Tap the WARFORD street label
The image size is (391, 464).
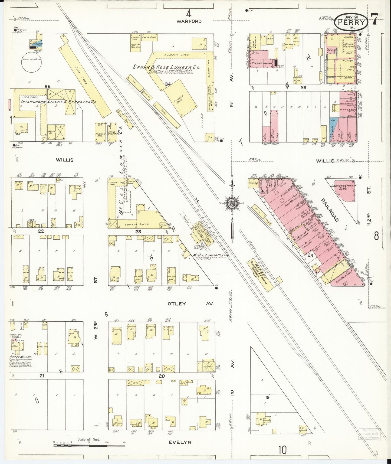pos(189,21)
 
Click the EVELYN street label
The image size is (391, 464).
pos(180,442)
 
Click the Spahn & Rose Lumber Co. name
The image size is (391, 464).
pos(166,67)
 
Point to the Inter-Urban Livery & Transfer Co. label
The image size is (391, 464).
pos(59,102)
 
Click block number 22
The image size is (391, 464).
pos(41,231)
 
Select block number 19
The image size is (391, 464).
pos(267,397)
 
